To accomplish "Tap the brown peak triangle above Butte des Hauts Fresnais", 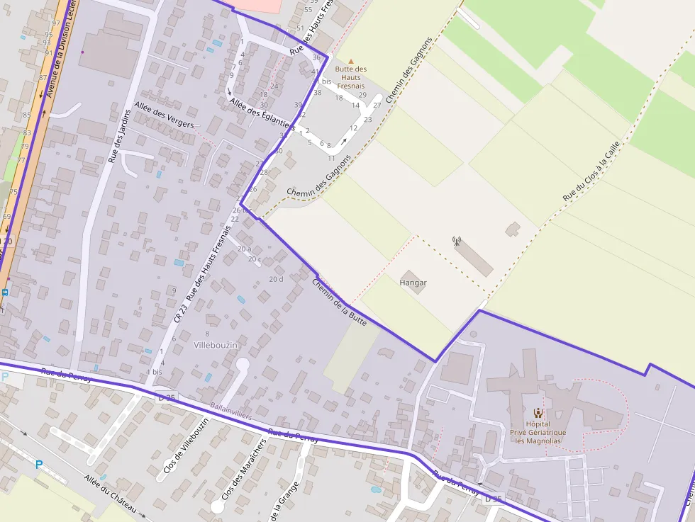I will tap(350, 62).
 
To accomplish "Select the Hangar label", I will tap(413, 283).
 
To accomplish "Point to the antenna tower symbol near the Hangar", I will tap(457, 242).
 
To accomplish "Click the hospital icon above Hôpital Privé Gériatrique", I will tap(538, 413).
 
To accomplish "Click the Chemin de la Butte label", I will tap(339, 302).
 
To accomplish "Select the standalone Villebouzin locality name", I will tap(215, 344).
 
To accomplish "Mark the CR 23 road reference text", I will tap(180, 314).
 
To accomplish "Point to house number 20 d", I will tap(276, 279).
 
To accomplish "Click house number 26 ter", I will tap(242, 210).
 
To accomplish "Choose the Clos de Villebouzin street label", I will tap(186, 446).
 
